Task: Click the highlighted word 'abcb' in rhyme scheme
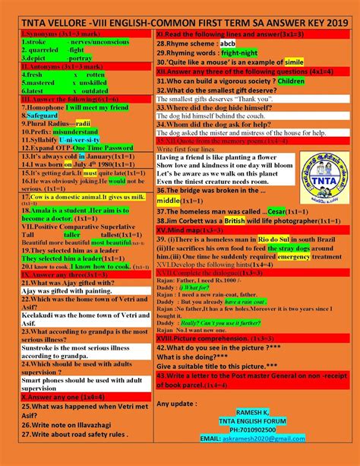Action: coord(228,45)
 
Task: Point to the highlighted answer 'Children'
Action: coord(291,80)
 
